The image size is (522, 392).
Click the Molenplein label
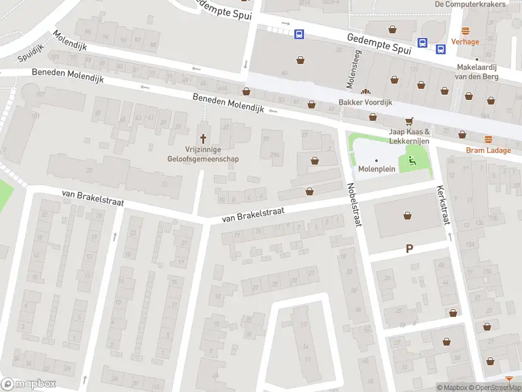(x=376, y=169)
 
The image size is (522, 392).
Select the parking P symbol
(x=410, y=248)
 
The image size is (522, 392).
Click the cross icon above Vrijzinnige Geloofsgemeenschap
(x=204, y=139)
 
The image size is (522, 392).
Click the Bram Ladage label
(x=488, y=150)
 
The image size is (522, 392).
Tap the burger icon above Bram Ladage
(x=488, y=139)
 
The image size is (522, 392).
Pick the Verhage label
(x=465, y=42)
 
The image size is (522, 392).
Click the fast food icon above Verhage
(x=465, y=31)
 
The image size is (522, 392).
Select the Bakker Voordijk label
(x=365, y=103)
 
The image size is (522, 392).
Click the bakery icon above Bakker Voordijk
(x=365, y=92)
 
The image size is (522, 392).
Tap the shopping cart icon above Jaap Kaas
(x=409, y=121)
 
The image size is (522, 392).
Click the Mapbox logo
(x=29, y=384)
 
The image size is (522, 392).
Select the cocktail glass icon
(x=509, y=379)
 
